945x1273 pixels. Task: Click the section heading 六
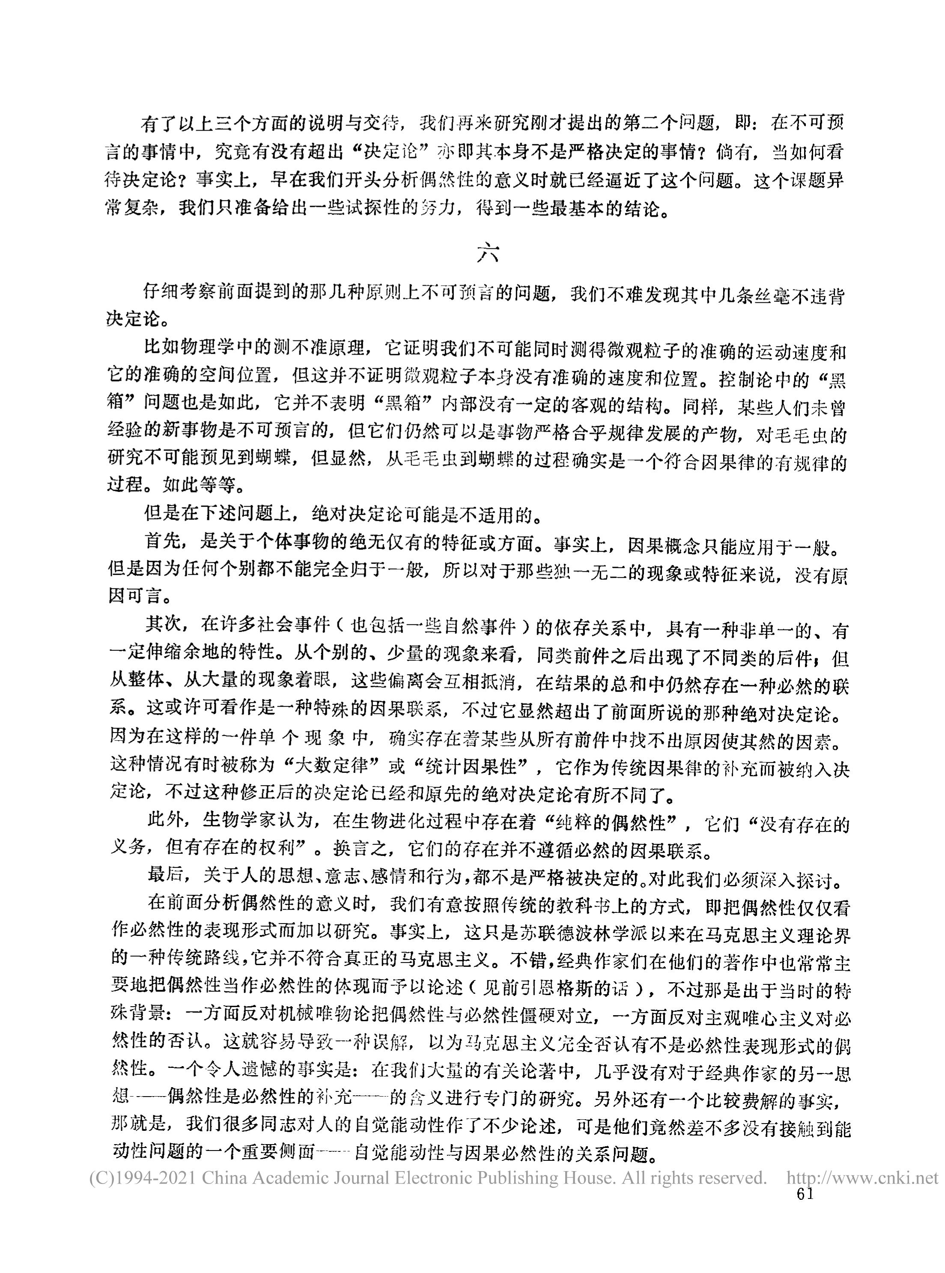[488, 254]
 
